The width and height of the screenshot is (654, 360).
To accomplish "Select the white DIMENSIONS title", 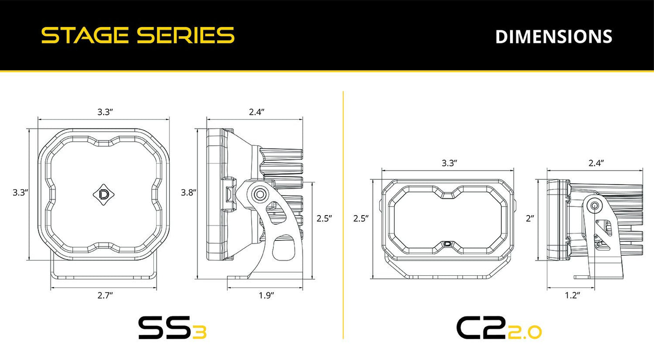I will (x=554, y=37).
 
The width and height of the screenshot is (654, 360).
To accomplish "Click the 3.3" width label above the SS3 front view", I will (x=105, y=112).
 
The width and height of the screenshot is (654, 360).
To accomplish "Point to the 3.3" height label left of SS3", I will (x=20, y=192).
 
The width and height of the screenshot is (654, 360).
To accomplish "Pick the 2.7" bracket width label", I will (x=105, y=295).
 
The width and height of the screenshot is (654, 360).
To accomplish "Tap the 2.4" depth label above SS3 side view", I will (x=256, y=112).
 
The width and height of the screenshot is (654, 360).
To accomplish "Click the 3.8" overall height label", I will (x=188, y=192).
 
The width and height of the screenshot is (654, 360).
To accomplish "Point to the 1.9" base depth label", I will (x=266, y=295).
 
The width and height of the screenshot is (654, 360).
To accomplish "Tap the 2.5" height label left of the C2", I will (x=361, y=219).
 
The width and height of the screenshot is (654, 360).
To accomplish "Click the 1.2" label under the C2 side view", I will (x=573, y=295).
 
